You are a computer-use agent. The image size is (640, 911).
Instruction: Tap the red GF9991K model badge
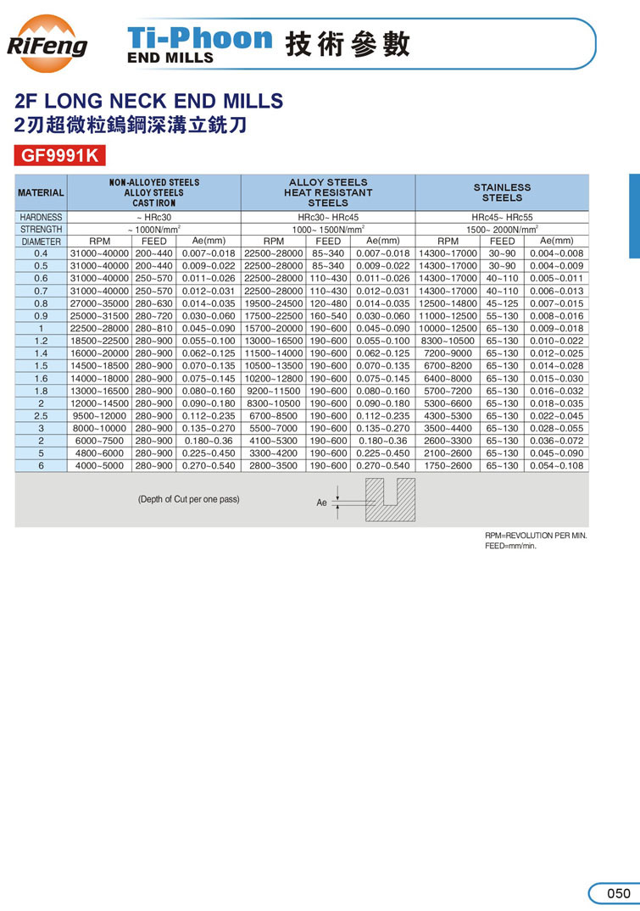click(x=58, y=156)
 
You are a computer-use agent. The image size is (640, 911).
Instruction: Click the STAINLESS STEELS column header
click(x=502, y=192)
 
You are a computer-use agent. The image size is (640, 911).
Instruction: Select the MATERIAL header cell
click(x=41, y=193)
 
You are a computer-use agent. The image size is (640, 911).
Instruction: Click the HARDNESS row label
click(x=41, y=218)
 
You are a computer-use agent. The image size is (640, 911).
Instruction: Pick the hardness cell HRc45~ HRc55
click(x=502, y=218)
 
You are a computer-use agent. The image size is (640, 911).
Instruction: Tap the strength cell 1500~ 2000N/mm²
click(x=502, y=230)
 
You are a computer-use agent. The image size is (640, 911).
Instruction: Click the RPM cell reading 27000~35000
click(x=100, y=303)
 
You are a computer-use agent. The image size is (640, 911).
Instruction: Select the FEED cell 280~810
click(x=154, y=329)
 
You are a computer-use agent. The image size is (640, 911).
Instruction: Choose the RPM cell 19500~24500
click(x=273, y=303)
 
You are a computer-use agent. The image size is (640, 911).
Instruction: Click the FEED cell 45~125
click(x=502, y=303)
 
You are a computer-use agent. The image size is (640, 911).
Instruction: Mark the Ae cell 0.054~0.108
click(x=556, y=466)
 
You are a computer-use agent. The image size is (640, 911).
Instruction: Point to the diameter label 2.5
click(x=41, y=416)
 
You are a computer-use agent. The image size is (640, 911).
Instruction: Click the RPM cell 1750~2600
click(x=448, y=466)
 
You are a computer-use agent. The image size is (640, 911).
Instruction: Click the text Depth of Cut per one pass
click(x=188, y=499)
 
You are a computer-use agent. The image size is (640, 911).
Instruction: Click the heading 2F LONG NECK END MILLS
click(x=149, y=102)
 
